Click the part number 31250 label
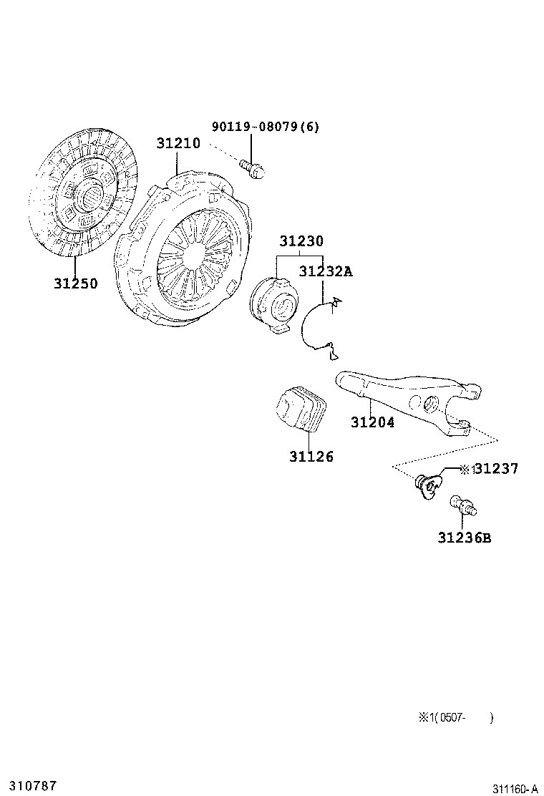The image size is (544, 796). click(75, 283)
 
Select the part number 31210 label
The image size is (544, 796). click(178, 143)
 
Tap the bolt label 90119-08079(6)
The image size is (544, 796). click(266, 127)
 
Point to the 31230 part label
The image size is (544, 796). click(301, 241)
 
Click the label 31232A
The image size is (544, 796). click(326, 271)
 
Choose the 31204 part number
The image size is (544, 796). click(372, 422)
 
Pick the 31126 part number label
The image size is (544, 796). click(311, 456)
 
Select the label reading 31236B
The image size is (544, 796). click(465, 538)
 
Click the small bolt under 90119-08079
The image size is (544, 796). click(255, 169)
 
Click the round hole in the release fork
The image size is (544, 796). click(430, 403)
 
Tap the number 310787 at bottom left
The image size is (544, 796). click(29, 785)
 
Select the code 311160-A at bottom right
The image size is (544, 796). click(514, 788)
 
